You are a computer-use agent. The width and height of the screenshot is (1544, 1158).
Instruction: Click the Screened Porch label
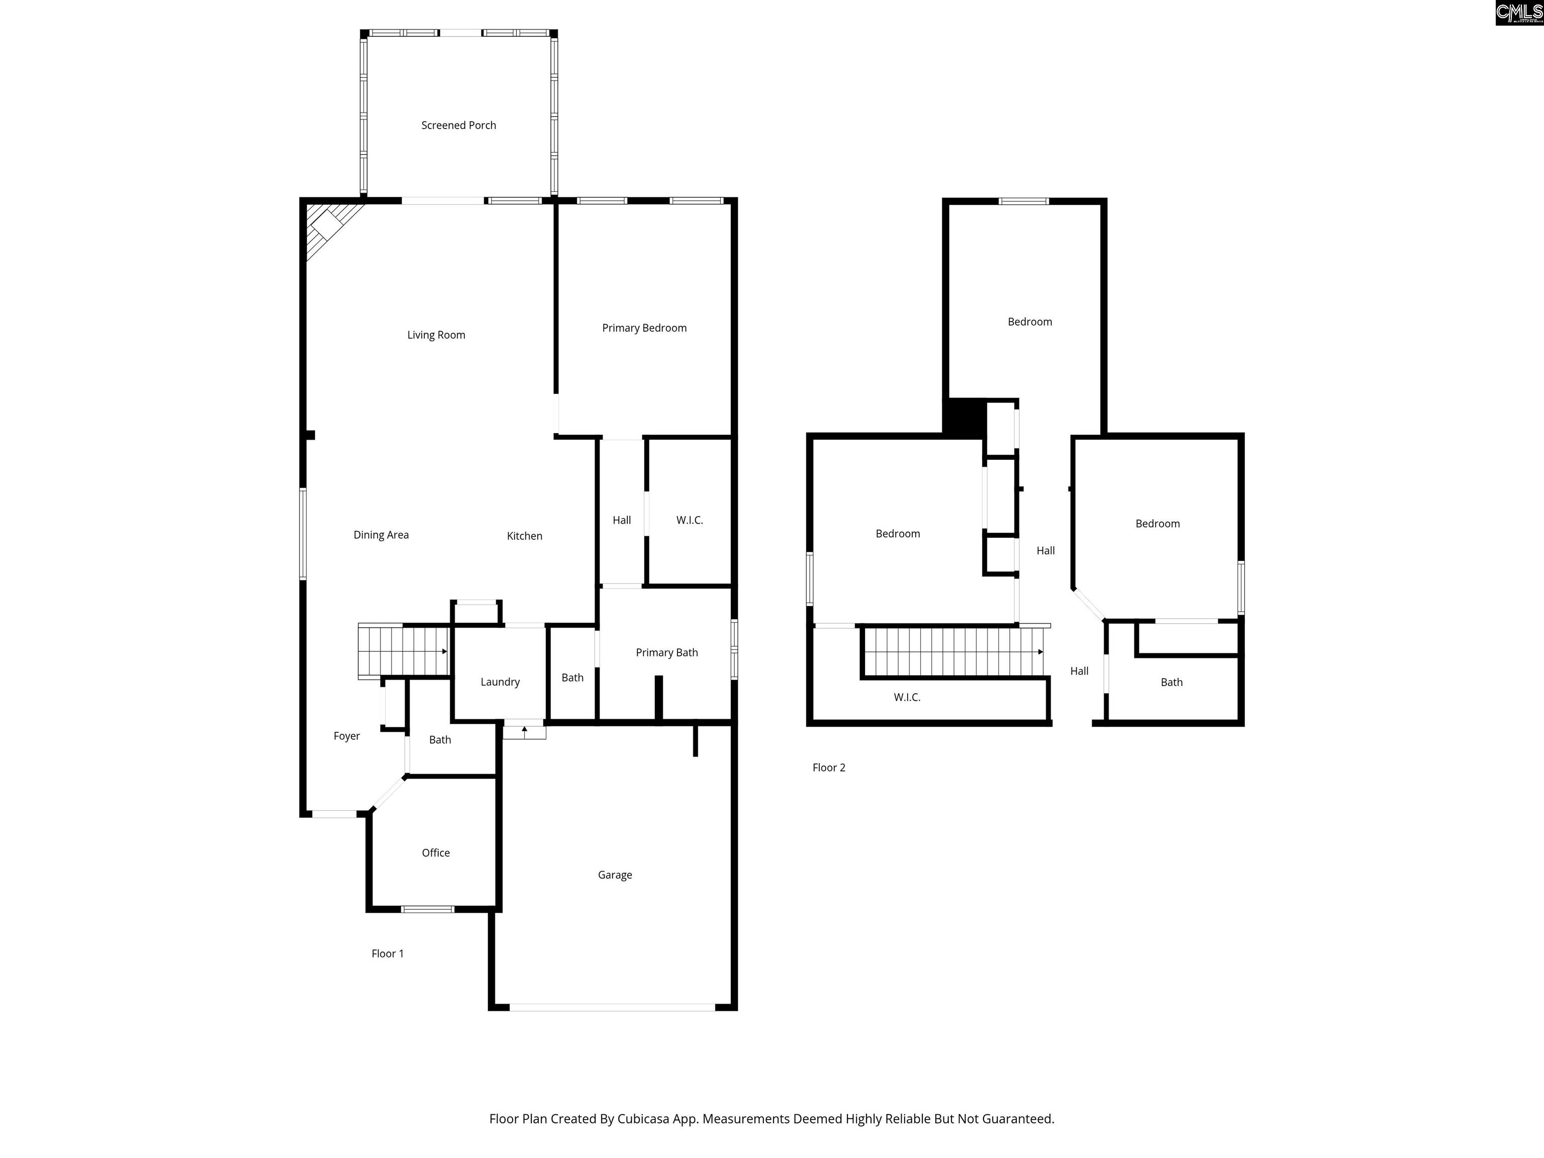coord(458,126)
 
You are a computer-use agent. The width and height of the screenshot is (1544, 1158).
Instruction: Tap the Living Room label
coord(436,335)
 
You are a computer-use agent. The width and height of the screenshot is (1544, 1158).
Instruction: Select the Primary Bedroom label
coord(644,328)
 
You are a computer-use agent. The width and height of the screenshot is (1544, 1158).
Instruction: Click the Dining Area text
coord(381,535)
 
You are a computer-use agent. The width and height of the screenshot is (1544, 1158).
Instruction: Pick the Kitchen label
coord(524,536)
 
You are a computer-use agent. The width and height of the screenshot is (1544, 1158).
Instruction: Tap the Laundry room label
coord(500,682)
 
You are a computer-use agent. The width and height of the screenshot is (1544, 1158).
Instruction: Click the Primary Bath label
coord(666,653)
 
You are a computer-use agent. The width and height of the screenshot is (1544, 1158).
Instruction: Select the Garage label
coord(615,876)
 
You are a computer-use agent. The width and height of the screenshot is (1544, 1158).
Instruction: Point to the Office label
coord(436,853)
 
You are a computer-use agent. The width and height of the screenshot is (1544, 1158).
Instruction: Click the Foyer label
coord(347,736)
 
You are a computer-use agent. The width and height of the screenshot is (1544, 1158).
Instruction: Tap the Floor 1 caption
coord(388,953)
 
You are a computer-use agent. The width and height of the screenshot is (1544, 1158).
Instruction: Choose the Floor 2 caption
coord(828,768)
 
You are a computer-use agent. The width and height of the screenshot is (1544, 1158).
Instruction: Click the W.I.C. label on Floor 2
coord(907,697)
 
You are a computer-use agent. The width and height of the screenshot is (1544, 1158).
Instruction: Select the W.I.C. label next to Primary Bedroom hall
coord(689,521)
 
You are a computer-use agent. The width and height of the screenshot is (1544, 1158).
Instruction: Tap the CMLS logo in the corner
coord(1518,13)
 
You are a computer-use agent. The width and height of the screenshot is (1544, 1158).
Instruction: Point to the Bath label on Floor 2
coord(1171,683)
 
